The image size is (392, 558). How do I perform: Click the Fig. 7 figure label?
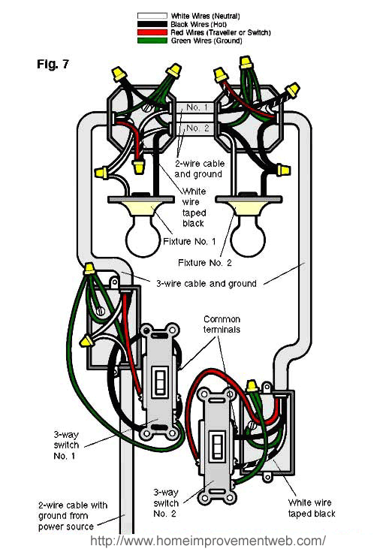pos(53,64)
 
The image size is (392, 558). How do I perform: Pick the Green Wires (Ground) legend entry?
pos(207,41)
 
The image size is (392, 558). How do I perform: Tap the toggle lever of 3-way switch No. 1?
pos(159,382)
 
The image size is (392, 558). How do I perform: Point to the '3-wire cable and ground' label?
pos(207,284)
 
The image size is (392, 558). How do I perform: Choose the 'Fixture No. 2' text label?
pos(207,263)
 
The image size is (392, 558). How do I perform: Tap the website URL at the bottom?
pos(208,541)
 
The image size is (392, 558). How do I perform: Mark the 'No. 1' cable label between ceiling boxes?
pos(197,107)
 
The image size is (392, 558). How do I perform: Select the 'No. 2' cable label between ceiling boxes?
pos(197,128)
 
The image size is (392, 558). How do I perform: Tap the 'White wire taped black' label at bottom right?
pos(312,508)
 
